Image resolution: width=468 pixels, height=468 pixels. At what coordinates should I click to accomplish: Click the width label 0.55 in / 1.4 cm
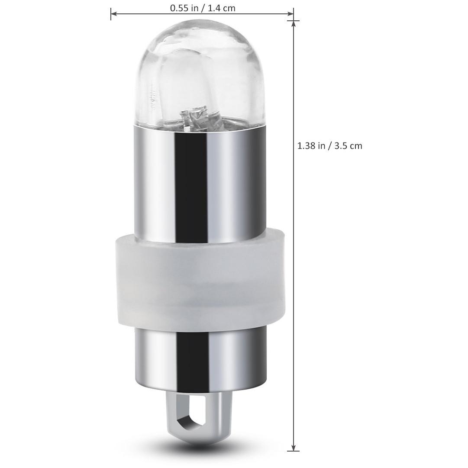click(203, 8)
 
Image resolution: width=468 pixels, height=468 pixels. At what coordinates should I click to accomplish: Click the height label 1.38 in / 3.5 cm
click(330, 145)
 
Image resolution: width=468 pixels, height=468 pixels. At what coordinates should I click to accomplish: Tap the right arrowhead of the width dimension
click(290, 13)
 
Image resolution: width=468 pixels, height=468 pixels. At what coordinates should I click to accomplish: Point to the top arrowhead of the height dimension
click(294, 24)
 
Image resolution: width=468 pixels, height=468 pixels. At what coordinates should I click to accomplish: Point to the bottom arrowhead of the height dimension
click(294, 448)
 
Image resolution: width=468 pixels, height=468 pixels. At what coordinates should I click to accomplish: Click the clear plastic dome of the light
click(200, 73)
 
